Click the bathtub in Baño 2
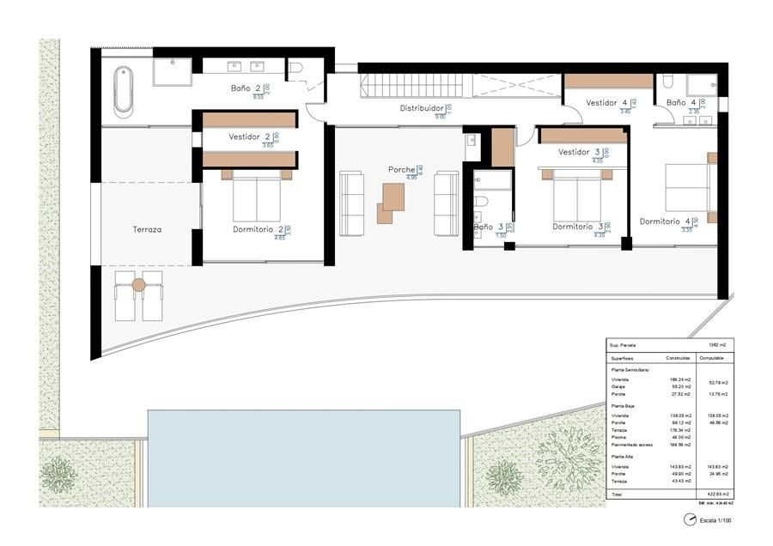coord(124,91)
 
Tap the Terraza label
coord(147,230)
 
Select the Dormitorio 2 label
coord(258,229)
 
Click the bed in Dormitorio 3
coord(576,198)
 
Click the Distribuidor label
coord(422,109)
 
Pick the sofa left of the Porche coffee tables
coord(353,203)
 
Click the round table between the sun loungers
coord(139,284)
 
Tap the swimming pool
coord(303,457)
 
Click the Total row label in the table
coord(617,494)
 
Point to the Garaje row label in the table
coord(619,386)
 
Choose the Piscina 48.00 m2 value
coord(678,437)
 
